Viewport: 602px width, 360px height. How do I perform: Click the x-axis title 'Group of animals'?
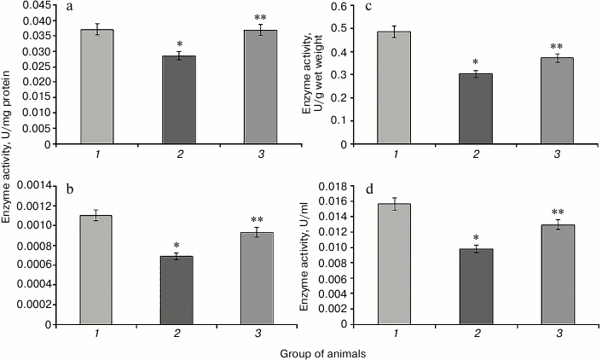tap(321, 350)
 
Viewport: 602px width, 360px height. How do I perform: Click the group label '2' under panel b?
tap(185, 337)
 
